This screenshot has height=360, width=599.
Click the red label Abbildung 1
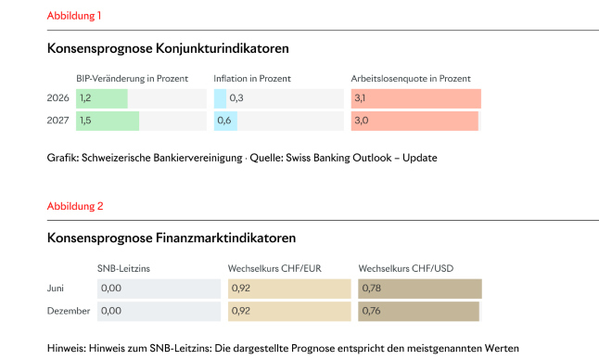coord(74,16)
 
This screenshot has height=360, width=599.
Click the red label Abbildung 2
coord(74,205)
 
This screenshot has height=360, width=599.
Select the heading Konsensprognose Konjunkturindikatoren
coord(167,48)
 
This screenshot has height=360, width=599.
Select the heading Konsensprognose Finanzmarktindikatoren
coord(171,238)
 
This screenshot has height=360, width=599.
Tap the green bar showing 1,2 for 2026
coord(102,98)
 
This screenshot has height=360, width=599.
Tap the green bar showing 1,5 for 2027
coord(108,121)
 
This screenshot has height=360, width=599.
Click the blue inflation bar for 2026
coord(220,98)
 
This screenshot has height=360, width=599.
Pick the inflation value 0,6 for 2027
coord(223,121)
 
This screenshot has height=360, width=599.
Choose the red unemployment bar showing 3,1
coord(415,98)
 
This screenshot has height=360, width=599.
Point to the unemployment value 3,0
coord(361,121)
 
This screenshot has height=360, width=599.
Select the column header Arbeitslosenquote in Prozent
coord(411,78)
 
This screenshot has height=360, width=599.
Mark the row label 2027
coord(57,121)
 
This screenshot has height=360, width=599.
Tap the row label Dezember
coord(68,311)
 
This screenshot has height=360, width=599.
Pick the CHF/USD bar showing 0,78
coord(419,289)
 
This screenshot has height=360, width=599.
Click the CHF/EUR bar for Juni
coord(289,289)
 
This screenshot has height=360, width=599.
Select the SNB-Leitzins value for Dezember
coord(111,311)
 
